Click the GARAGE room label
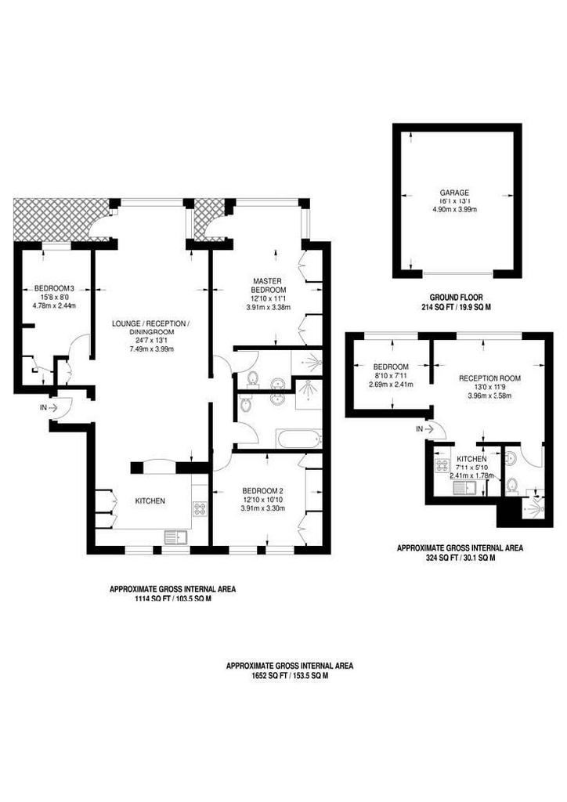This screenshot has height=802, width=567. pos(454,193)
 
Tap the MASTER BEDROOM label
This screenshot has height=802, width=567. pos(267,285)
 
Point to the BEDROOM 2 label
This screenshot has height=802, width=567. pos(262,490)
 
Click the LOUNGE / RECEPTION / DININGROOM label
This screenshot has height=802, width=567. pos(151,327)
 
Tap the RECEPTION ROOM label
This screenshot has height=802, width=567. pos(489,378)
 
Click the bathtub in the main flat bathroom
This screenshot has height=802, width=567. pos(299,439)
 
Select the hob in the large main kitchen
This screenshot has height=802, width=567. pos(200,508)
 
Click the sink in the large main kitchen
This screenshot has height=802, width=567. pos(175,538)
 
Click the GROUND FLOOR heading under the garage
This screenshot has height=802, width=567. pos(456,297)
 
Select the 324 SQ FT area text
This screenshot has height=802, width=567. pos(460,558)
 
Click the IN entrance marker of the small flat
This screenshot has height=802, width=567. pos(424,429)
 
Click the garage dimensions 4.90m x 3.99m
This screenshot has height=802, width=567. pos(455,209)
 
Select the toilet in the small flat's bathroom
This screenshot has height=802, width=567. pos(511,484)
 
